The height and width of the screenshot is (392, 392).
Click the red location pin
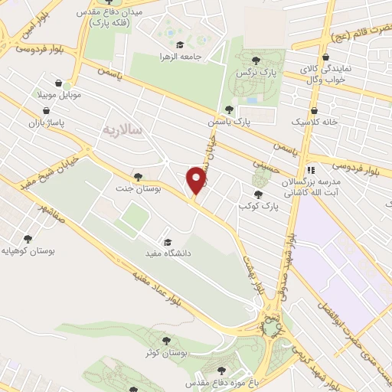coord(198,181)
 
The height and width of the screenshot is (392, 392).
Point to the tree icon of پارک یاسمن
coord(228,109)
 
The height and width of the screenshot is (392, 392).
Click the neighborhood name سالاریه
coord(117,131)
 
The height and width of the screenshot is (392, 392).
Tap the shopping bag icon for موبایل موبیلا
coord(59,83)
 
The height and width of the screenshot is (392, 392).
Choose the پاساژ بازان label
coord(44,122)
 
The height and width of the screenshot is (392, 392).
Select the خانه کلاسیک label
coord(306,122)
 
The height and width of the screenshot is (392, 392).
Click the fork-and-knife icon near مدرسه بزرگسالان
coord(310,170)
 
